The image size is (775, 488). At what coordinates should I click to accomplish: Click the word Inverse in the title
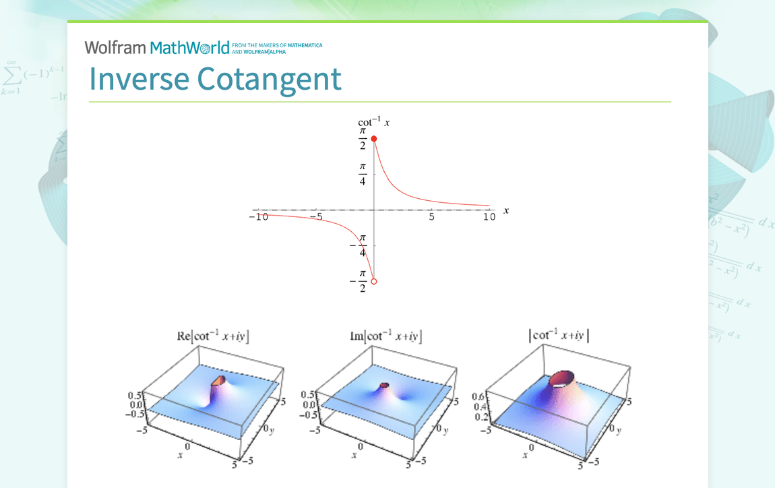click(x=139, y=79)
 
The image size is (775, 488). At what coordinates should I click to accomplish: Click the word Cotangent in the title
click(x=270, y=79)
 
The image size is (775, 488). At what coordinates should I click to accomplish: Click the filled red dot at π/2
click(x=374, y=139)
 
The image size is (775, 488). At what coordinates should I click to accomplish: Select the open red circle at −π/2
click(x=374, y=282)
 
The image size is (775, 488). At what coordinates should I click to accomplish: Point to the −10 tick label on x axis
click(x=259, y=218)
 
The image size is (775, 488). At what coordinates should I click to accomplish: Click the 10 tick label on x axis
click(x=489, y=217)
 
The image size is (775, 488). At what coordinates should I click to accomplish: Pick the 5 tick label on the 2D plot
click(x=431, y=217)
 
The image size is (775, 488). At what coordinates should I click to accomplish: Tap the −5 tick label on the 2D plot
click(x=317, y=218)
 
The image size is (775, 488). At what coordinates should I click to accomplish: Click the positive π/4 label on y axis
click(x=363, y=173)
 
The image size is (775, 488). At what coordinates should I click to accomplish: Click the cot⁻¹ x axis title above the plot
click(x=373, y=122)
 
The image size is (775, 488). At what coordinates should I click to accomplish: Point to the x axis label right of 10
click(x=506, y=210)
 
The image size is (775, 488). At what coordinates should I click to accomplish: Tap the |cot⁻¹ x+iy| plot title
click(x=559, y=336)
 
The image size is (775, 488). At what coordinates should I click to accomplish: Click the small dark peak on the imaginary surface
click(x=385, y=385)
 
